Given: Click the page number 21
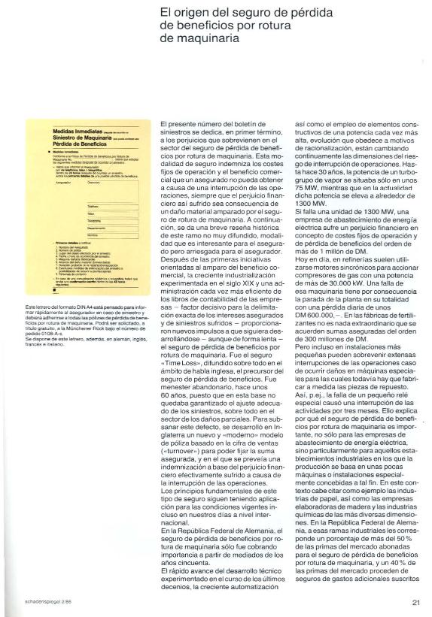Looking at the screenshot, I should point(415,601).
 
